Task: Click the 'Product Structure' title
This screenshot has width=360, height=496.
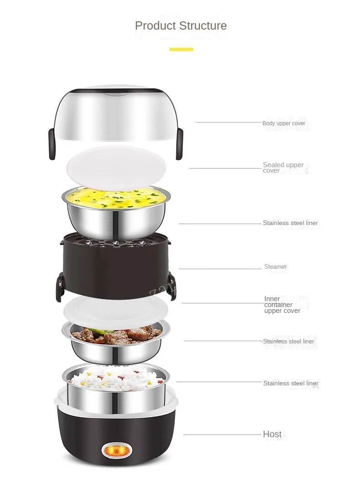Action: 181,26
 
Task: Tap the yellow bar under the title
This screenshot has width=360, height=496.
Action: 181,49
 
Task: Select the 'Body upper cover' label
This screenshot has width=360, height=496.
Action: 284,123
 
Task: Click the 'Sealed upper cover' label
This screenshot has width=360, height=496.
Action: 283,168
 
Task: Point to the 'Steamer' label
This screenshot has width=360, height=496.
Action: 275,266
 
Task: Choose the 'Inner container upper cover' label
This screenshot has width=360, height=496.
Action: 282,305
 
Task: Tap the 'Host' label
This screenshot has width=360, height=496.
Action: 273,435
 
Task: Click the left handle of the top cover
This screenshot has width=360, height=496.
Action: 52,144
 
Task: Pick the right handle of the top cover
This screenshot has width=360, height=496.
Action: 180,144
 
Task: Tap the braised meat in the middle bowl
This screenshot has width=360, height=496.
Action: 117,335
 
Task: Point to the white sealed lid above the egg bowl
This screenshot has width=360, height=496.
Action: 116,168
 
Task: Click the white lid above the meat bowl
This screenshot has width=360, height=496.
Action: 116,312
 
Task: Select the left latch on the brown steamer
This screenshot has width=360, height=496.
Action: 60,286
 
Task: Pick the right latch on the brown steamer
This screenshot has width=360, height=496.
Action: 172,286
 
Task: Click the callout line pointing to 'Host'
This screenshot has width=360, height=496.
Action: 222,435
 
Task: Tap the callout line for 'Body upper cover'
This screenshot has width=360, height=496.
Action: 229,122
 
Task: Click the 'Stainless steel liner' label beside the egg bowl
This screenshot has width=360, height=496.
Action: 290,223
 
